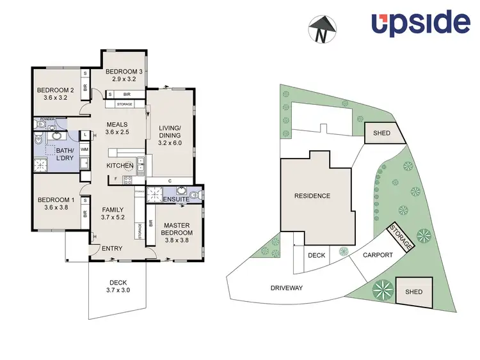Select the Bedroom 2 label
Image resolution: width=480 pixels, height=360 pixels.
click(55, 90)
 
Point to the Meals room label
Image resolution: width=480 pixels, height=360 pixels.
click(117, 125)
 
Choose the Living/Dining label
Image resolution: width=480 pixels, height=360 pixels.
click(170, 132)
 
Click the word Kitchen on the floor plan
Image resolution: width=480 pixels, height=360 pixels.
click(120, 166)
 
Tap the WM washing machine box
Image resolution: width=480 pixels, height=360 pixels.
click(84, 148)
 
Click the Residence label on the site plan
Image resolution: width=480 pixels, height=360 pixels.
click(312, 196)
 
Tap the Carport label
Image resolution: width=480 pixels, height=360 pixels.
click(378, 254)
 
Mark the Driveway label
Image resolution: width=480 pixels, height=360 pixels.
click(285, 288)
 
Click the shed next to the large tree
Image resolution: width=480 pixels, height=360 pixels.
click(413, 292)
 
